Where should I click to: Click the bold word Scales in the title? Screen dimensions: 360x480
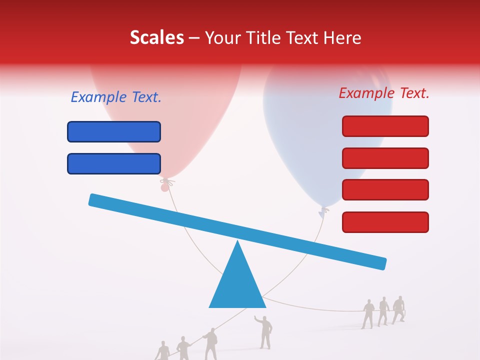pyautogui.click(x=156, y=38)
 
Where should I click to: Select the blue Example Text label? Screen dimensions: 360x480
pyautogui.click(x=116, y=97)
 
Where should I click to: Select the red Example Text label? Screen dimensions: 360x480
pyautogui.click(x=384, y=93)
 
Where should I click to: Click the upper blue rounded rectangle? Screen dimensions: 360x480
pyautogui.click(x=114, y=132)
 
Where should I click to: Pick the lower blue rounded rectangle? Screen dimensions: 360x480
pyautogui.click(x=114, y=163)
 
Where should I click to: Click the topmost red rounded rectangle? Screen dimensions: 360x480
pyautogui.click(x=385, y=126)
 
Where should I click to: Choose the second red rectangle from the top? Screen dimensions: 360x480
pyautogui.click(x=385, y=158)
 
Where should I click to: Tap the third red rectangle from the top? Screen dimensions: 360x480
pyautogui.click(x=385, y=190)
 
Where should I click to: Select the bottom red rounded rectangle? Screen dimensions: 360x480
pyautogui.click(x=385, y=222)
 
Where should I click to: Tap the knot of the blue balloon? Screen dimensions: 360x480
pyautogui.click(x=323, y=212)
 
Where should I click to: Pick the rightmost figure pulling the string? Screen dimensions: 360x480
pyautogui.click(x=398, y=309)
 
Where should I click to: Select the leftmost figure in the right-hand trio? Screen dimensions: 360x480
pyautogui.click(x=368, y=313)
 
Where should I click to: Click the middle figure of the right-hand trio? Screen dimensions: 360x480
pyautogui.click(x=383, y=311)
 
